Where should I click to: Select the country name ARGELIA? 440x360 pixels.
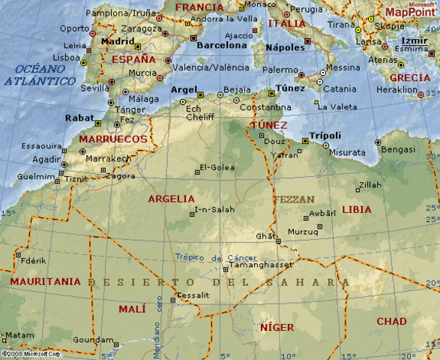tap(171, 199)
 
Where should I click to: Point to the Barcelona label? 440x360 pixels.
tap(221, 45)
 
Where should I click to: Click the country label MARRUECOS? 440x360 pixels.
tap(113, 139)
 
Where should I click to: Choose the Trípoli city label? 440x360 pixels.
tap(325, 135)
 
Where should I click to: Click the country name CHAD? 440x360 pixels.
tap(391, 322)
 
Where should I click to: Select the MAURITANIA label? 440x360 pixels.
tap(45, 281)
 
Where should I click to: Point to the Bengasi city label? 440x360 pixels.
tap(398, 149)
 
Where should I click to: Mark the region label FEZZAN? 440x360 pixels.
tap(294, 199)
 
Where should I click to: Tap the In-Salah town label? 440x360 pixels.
tap(215, 209)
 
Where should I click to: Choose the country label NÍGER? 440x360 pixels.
tap(277, 328)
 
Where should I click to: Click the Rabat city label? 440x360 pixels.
tap(79, 118)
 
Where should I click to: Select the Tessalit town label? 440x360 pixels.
tap(194, 295)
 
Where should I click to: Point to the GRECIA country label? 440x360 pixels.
tap(410, 77)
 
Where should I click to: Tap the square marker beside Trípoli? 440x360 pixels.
tap(305, 141)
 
